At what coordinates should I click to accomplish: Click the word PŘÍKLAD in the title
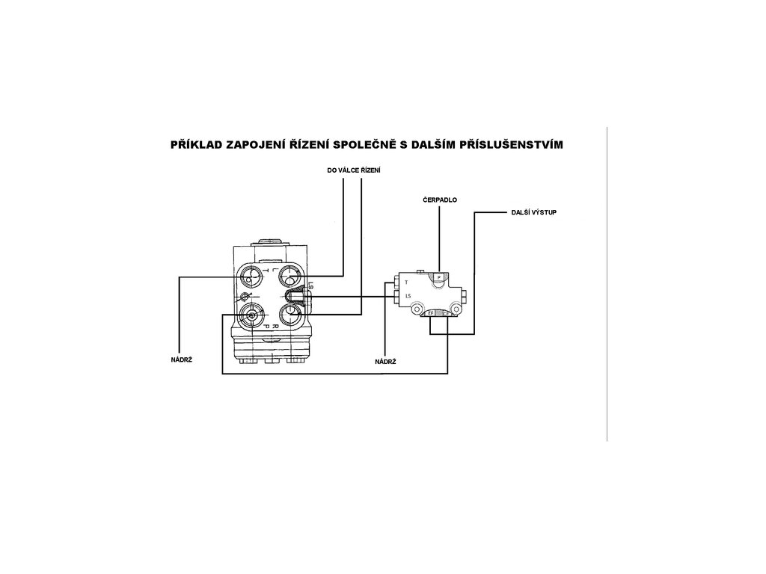click(x=197, y=143)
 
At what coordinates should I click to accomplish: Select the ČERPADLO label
click(x=440, y=201)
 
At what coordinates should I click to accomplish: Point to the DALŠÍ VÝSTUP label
click(x=533, y=212)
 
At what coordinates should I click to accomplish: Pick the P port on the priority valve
click(x=439, y=277)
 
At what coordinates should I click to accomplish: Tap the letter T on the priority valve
click(x=406, y=283)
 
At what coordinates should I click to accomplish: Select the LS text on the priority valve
click(x=408, y=296)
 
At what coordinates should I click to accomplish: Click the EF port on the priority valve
click(x=432, y=313)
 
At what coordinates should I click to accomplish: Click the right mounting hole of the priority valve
click(x=455, y=306)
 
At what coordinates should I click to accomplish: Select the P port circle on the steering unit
click(x=251, y=315)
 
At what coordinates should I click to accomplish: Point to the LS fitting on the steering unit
click(x=295, y=297)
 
